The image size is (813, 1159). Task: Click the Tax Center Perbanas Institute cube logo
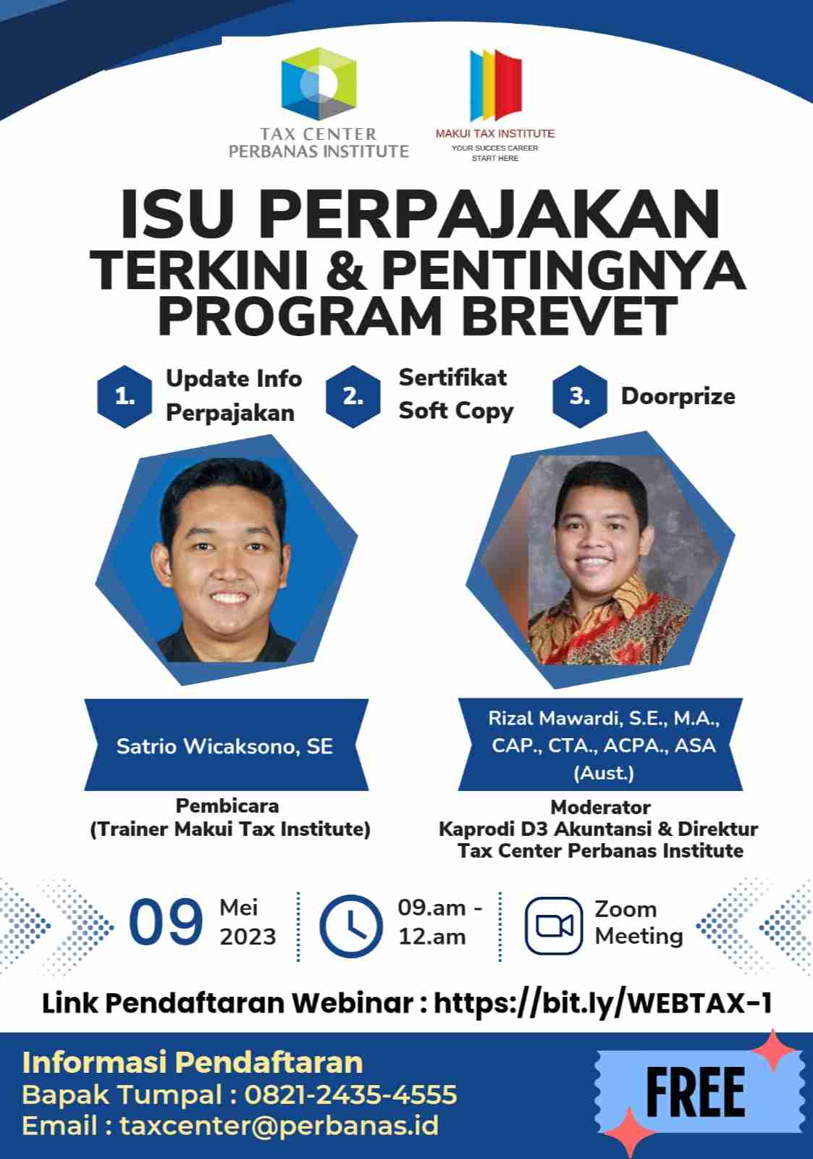click(x=319, y=84)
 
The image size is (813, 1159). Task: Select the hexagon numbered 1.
click(x=125, y=396)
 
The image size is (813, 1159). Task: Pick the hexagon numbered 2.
click(x=353, y=396)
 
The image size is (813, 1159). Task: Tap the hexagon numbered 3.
click(x=579, y=396)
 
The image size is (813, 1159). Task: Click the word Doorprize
click(x=678, y=396)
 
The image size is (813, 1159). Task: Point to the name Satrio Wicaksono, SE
click(x=224, y=746)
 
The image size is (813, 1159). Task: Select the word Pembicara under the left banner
click(x=227, y=806)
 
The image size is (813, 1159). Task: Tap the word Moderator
click(x=600, y=807)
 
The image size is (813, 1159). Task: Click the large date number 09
click(x=166, y=923)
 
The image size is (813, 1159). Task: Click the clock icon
click(x=351, y=925)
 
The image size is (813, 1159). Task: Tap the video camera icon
click(x=554, y=926)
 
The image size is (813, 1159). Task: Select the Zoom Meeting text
click(x=638, y=922)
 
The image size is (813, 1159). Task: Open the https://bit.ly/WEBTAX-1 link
click(x=602, y=1003)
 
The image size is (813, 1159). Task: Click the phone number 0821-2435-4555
click(x=350, y=1094)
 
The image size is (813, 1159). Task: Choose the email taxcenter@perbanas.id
click(x=279, y=1126)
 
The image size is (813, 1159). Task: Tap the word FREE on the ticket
click(x=695, y=1093)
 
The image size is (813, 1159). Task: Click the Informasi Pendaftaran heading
click(x=193, y=1062)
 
